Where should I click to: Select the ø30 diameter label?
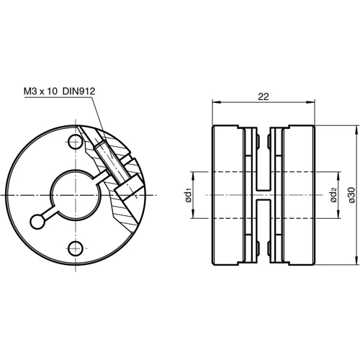click(x=351, y=195)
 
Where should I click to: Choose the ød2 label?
click(x=333, y=195)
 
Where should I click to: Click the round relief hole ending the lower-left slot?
click(x=37, y=221)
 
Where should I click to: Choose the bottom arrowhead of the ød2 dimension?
click(x=339, y=217)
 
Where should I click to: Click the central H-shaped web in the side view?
click(x=264, y=196)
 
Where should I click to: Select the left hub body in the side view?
click(x=229, y=196)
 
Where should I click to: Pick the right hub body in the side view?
click(x=299, y=196)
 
